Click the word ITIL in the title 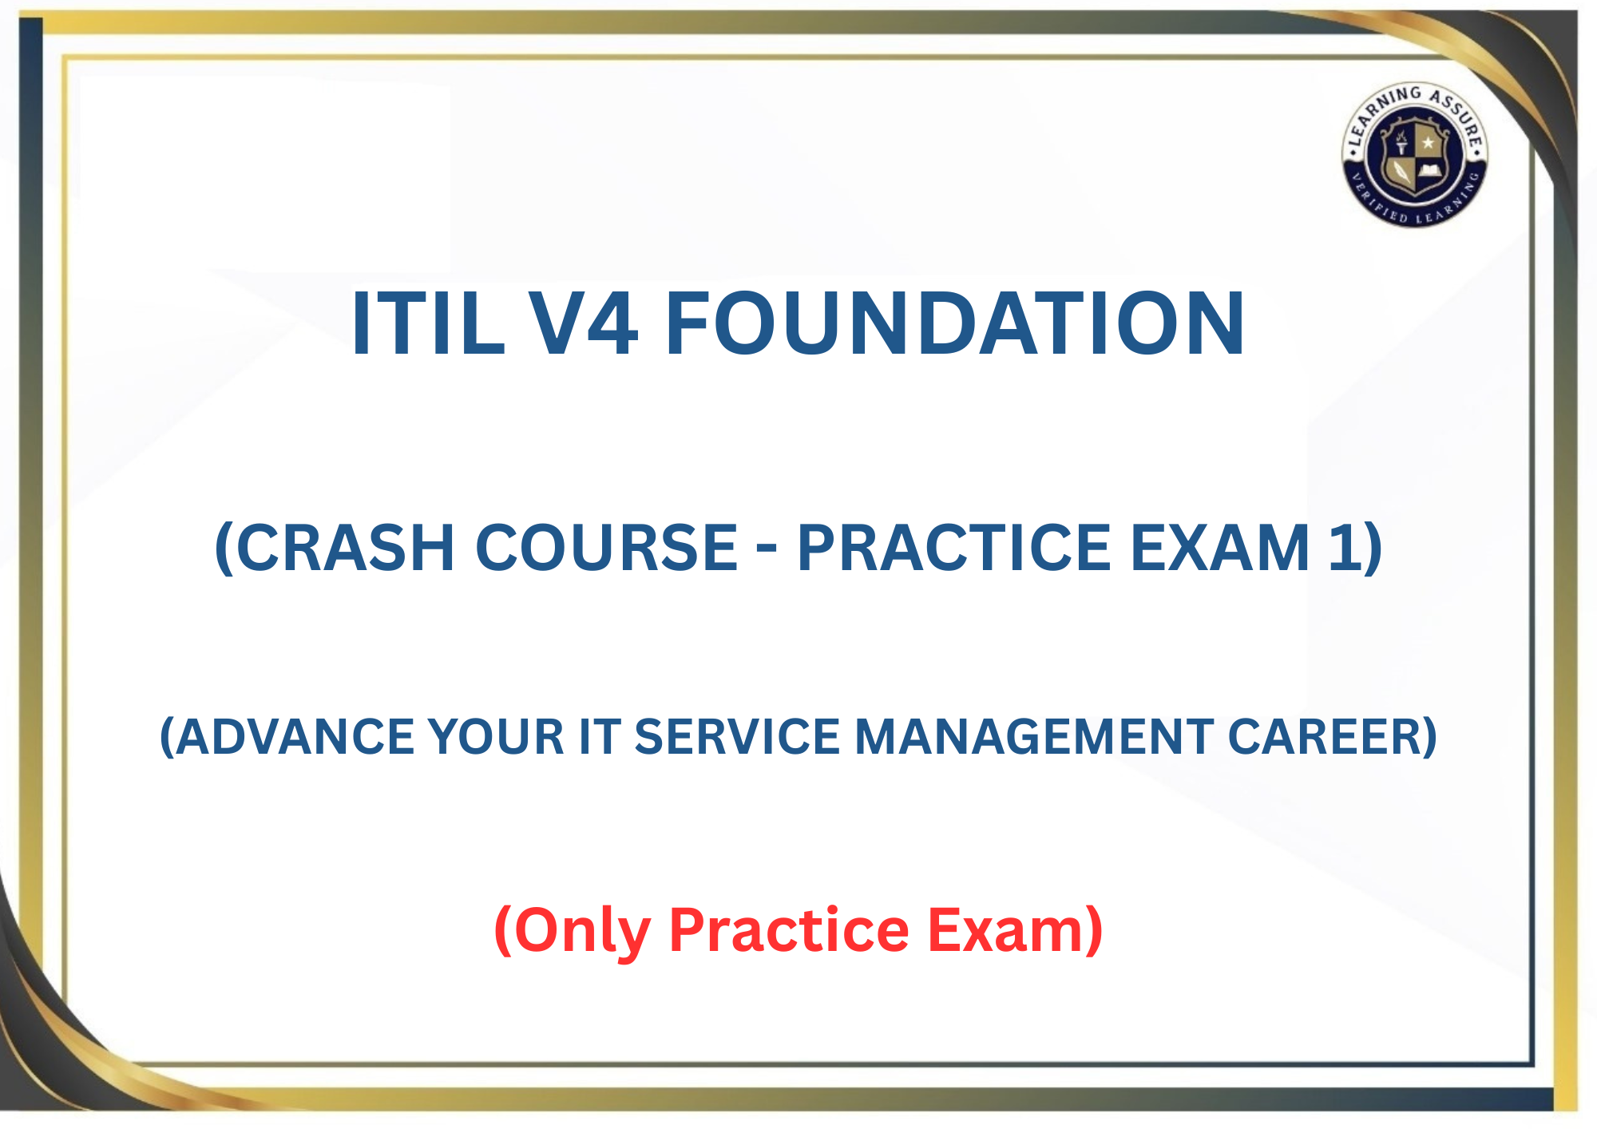click(x=428, y=323)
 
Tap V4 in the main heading click(x=584, y=323)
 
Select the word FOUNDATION click(x=955, y=323)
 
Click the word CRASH click(x=335, y=548)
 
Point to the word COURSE click(x=607, y=548)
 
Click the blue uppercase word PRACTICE click(x=954, y=548)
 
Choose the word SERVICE click(x=737, y=736)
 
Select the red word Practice click(x=789, y=929)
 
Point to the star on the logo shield click(x=1428, y=143)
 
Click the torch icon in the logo click(x=1401, y=141)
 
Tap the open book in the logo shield click(x=1429, y=170)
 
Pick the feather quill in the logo click(x=1401, y=171)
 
